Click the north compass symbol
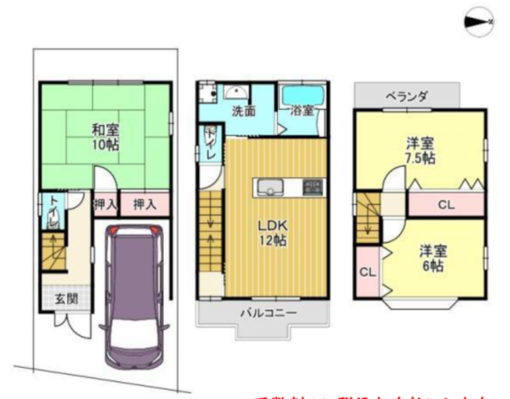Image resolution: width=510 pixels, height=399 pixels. coord(479,19)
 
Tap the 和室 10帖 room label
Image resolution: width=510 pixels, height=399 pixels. coord(105,137)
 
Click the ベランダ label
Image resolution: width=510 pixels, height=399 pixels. coord(406,96)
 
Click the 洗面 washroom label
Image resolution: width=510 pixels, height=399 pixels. coord(243,112)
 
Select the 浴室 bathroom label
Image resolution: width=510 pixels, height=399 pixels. coord(302,112)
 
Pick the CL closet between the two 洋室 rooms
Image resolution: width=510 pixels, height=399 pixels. coord(446,205)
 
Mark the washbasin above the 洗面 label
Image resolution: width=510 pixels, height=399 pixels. coord(236,92)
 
